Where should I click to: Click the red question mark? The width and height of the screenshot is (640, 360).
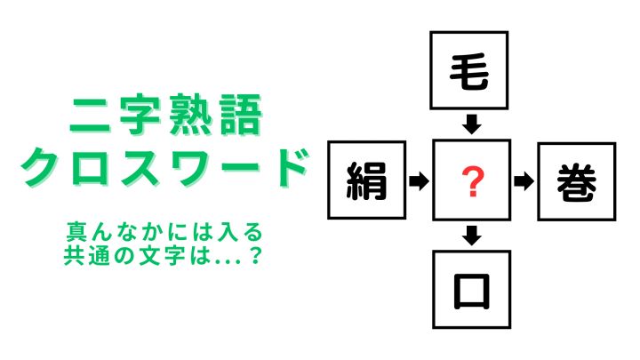tap(473, 181)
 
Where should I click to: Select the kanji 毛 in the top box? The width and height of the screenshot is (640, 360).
tap(469, 72)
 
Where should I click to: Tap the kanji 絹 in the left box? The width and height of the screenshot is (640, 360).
tap(366, 180)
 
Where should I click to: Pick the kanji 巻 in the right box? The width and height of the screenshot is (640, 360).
tap(577, 182)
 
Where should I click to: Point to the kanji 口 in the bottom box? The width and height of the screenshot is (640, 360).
tap(472, 292)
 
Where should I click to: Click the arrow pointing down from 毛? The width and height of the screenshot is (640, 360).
tap(472, 124)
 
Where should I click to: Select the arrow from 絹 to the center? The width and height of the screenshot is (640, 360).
tap(420, 180)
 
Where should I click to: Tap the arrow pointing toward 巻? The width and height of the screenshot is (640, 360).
tap(524, 181)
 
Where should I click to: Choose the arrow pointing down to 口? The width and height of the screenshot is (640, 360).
tap(472, 236)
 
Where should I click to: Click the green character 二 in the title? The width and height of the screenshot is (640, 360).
tap(90, 116)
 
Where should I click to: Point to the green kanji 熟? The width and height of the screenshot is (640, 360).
tap(190, 115)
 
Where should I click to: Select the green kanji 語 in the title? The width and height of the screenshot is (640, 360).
tap(241, 115)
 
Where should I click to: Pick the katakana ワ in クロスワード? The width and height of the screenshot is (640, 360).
tap(190, 168)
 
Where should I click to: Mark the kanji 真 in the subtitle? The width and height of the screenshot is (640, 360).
tap(76, 232)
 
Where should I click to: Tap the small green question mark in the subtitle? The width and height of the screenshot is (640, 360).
tap(255, 255)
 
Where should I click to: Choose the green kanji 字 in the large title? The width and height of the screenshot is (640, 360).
tap(140, 115)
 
